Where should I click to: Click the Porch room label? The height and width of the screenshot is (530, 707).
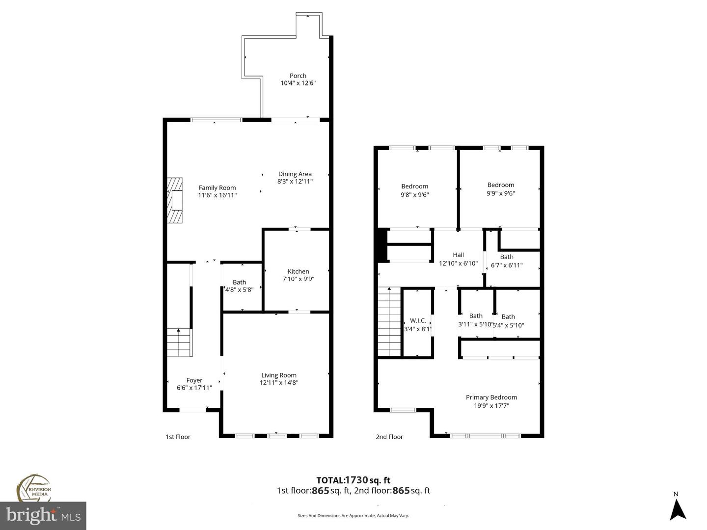pyautogui.click(x=298, y=76)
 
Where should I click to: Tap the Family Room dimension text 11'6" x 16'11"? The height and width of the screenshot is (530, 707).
pyautogui.click(x=217, y=195)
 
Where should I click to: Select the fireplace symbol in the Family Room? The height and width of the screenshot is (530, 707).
pyautogui.click(x=174, y=200)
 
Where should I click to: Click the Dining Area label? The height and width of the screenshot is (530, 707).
pyautogui.click(x=295, y=174)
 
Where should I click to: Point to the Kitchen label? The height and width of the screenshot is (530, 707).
pyautogui.click(x=298, y=271)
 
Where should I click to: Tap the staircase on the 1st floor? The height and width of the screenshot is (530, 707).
pyautogui.click(x=179, y=342)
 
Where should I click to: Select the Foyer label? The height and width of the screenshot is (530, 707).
pyautogui.click(x=194, y=380)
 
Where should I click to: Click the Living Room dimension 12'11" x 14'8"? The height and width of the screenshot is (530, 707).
pyautogui.click(x=279, y=383)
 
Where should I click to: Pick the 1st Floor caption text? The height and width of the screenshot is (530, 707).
pyautogui.click(x=178, y=437)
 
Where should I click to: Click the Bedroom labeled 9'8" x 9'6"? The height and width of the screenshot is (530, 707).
pyautogui.click(x=414, y=190)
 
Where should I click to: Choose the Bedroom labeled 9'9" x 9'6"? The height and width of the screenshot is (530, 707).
pyautogui.click(x=501, y=189)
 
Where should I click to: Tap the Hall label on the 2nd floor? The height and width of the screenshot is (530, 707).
pyautogui.click(x=458, y=255)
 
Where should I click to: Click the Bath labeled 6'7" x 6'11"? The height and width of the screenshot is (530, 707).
pyautogui.click(x=507, y=261)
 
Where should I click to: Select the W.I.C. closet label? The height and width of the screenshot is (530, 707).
pyautogui.click(x=418, y=320)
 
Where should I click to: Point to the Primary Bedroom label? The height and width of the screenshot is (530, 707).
pyautogui.click(x=491, y=397)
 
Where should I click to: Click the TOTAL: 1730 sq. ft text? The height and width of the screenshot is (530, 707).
pyautogui.click(x=353, y=480)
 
